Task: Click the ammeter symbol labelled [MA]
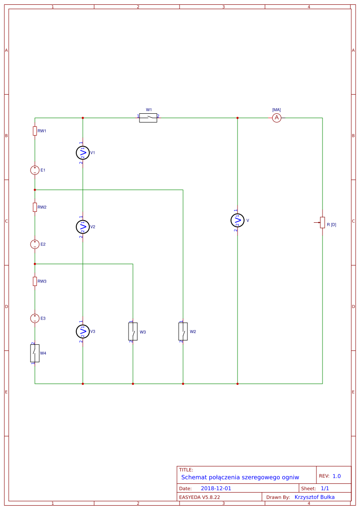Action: (x=276, y=118)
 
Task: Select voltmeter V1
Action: (x=82, y=153)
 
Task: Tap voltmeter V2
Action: (x=82, y=227)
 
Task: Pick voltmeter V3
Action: (x=82, y=331)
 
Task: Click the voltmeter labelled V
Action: (x=237, y=220)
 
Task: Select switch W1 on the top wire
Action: (x=148, y=118)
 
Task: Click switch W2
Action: (x=183, y=331)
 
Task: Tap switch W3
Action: (x=133, y=331)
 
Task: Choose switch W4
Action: (x=35, y=353)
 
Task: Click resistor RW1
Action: (x=35, y=131)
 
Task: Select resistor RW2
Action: (x=35, y=207)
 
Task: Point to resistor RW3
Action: (x=35, y=281)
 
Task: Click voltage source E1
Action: (x=35, y=170)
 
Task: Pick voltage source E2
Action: (x=35, y=244)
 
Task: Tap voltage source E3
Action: (x=35, y=319)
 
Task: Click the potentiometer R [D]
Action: (x=323, y=223)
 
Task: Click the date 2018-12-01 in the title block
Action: (x=216, y=489)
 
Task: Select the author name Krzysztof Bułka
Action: (x=315, y=497)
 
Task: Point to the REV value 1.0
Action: (x=336, y=476)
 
